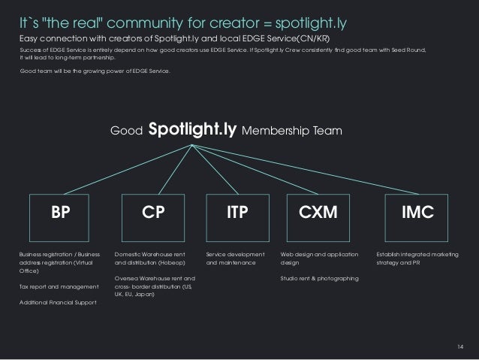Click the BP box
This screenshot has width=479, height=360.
point(57,213)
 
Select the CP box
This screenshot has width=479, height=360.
point(153,213)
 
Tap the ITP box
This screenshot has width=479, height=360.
point(238,213)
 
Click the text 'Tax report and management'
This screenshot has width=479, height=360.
point(59,287)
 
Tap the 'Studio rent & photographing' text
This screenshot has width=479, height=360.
point(319,279)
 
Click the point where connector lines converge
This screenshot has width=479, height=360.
point(194,145)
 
